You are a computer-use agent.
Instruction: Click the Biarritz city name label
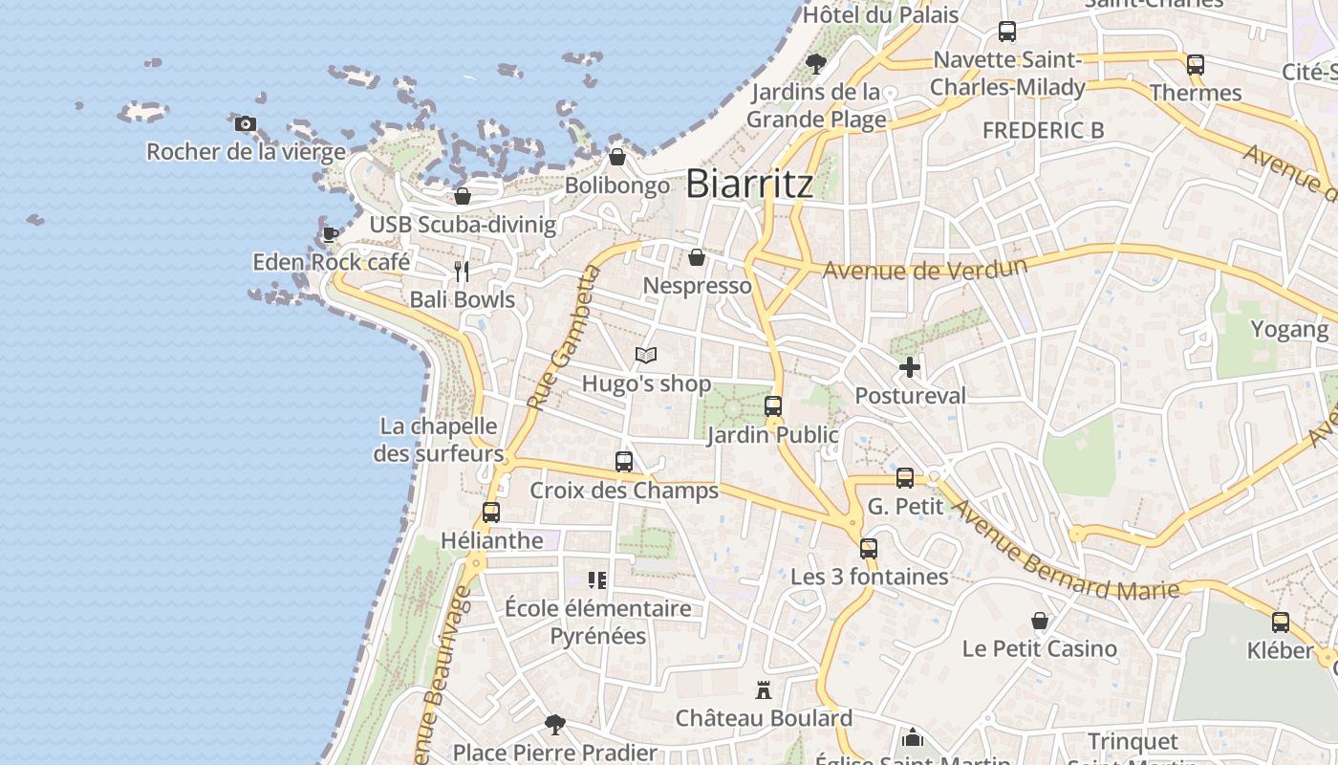tap(749, 183)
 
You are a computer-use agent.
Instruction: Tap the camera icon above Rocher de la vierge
tap(246, 123)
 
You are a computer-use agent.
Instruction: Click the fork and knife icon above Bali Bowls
tap(462, 272)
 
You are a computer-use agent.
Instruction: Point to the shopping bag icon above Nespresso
tap(697, 257)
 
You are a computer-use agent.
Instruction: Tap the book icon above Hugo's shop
tap(646, 356)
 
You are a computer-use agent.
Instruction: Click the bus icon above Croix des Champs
tap(624, 462)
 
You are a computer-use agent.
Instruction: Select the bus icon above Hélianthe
tap(491, 512)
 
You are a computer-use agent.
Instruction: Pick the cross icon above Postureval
tap(910, 366)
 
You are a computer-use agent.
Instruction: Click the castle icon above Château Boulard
tap(764, 689)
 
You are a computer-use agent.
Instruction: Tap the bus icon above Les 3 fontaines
tap(869, 548)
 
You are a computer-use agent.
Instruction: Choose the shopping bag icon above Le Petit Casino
tap(1040, 621)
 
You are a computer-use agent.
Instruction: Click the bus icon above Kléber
tap(1281, 623)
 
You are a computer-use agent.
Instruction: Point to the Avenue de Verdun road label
tap(925, 269)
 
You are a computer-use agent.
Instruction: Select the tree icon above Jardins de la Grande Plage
tap(816, 64)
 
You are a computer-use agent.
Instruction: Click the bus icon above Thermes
tap(1196, 65)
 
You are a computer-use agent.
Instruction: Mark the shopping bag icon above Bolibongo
tap(617, 157)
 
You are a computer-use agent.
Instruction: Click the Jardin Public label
tap(772, 435)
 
